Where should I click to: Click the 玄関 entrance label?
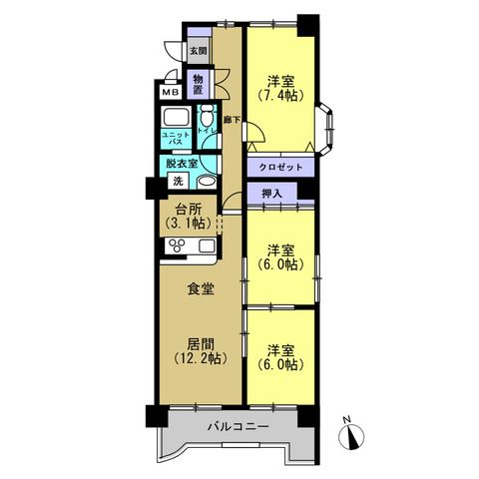click(199, 51)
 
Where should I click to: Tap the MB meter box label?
click(171, 92)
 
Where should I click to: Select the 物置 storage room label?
click(199, 84)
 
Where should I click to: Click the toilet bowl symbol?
click(208, 117)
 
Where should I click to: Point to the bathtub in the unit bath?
click(176, 118)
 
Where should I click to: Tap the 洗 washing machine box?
click(178, 181)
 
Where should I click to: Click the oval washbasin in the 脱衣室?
click(207, 182)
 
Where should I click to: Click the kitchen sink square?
click(206, 246)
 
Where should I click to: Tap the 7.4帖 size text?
click(281, 96)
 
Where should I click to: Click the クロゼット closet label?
click(281, 168)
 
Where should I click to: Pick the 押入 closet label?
click(272, 194)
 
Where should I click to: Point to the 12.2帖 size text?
click(201, 358)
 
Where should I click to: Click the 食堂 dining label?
click(201, 288)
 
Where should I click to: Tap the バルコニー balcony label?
click(239, 426)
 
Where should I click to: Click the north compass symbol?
click(351, 435)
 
